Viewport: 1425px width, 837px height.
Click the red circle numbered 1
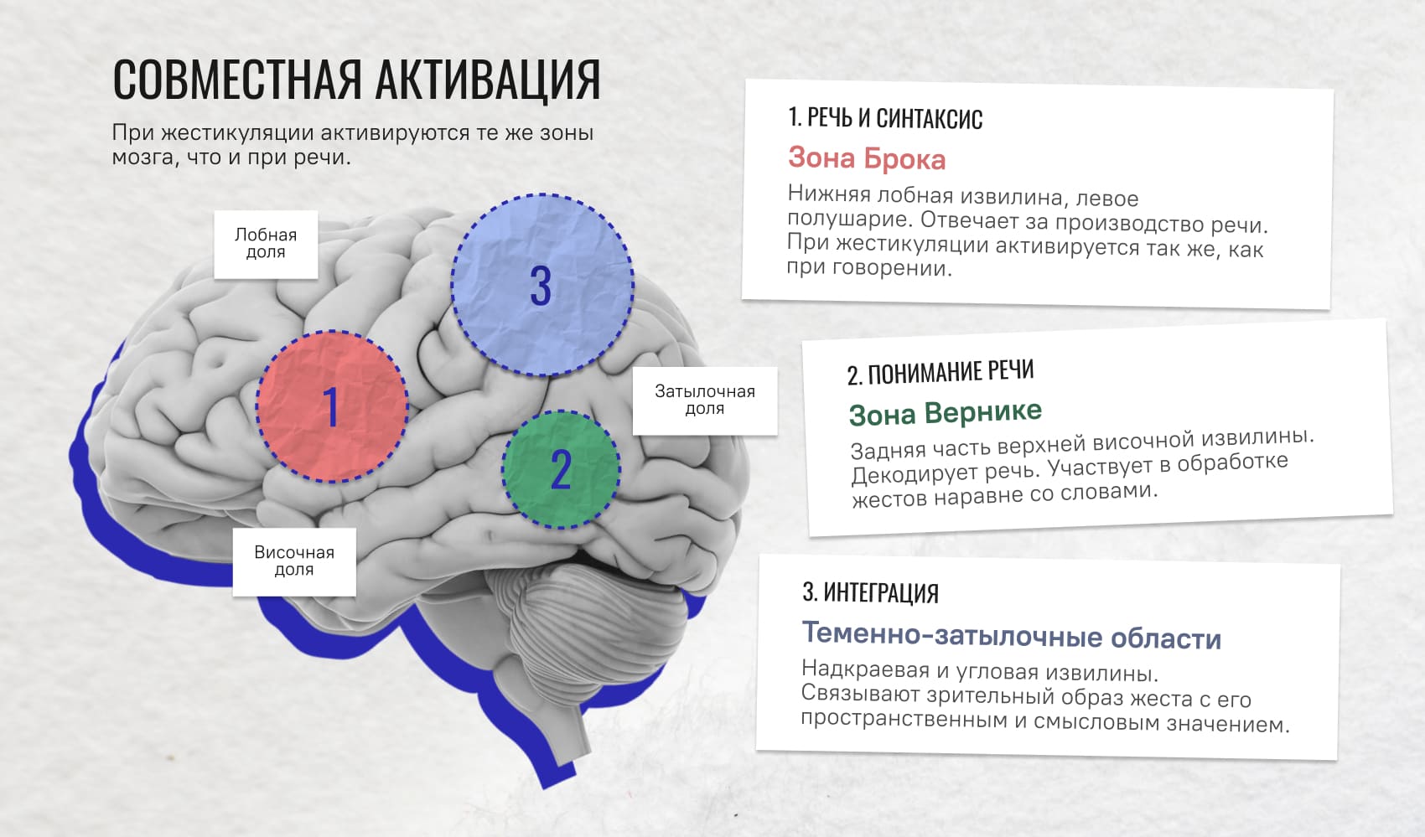coord(332,406)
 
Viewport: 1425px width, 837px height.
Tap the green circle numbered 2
coord(561,469)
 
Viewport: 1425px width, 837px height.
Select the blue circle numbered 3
coord(542,284)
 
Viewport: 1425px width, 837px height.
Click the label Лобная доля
coord(266,245)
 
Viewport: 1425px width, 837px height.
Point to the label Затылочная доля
coord(705,400)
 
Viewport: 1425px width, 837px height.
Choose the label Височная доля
coord(294,561)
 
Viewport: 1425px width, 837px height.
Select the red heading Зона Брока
coord(867,158)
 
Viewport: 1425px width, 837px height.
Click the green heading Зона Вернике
coord(946,413)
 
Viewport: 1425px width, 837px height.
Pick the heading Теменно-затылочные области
coord(1012,635)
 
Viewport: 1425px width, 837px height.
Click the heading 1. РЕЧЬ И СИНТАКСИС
coord(885,118)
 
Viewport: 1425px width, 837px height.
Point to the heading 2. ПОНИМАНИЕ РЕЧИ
coord(940,373)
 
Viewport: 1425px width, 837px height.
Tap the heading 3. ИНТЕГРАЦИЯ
coord(870,592)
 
